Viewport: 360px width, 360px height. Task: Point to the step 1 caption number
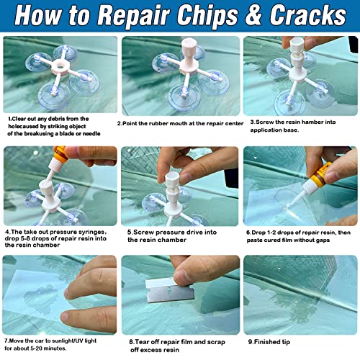click(10, 118)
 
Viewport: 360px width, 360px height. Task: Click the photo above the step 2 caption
click(179, 75)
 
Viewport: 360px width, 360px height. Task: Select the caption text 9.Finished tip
click(273, 343)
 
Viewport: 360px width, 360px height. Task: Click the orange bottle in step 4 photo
click(59, 155)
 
